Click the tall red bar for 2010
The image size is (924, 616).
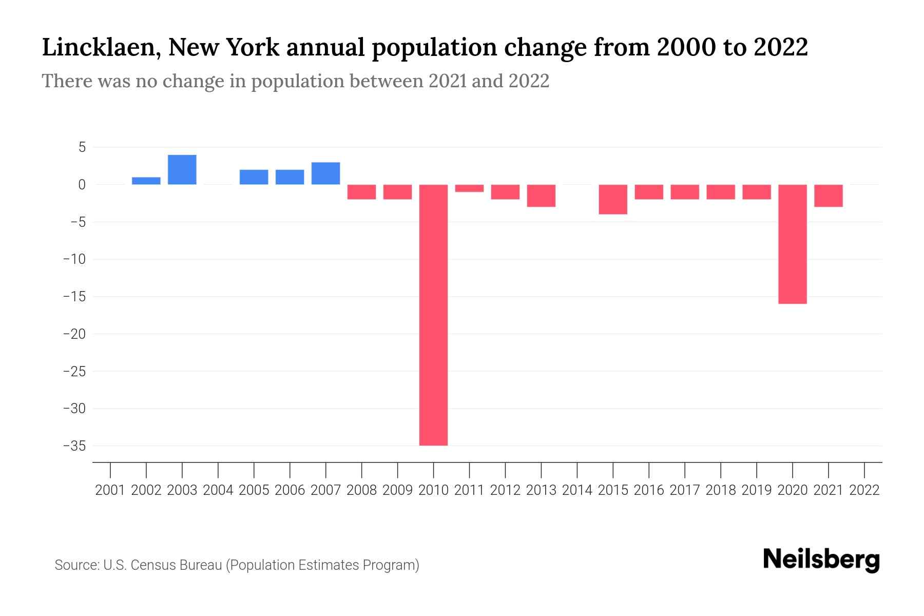pyautogui.click(x=433, y=315)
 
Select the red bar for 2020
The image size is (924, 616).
pyautogui.click(x=792, y=244)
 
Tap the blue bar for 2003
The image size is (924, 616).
pyautogui.click(x=182, y=169)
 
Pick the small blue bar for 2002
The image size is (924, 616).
pyautogui.click(x=146, y=181)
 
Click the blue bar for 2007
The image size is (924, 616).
pyautogui.click(x=325, y=174)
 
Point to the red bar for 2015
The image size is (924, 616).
pyautogui.click(x=613, y=199)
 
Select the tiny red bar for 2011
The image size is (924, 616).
pyautogui.click(x=469, y=188)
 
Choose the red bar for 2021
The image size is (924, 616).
pyautogui.click(x=828, y=196)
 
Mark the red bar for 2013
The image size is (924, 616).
pyautogui.click(x=541, y=196)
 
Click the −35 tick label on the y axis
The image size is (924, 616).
pyautogui.click(x=74, y=446)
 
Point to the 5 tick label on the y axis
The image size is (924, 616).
pyautogui.click(x=82, y=148)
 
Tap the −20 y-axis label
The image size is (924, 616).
pyautogui.click(x=74, y=334)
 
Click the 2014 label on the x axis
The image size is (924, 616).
pyautogui.click(x=577, y=490)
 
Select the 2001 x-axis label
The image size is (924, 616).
pyautogui.click(x=110, y=490)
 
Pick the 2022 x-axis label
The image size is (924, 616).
pyautogui.click(x=864, y=490)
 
